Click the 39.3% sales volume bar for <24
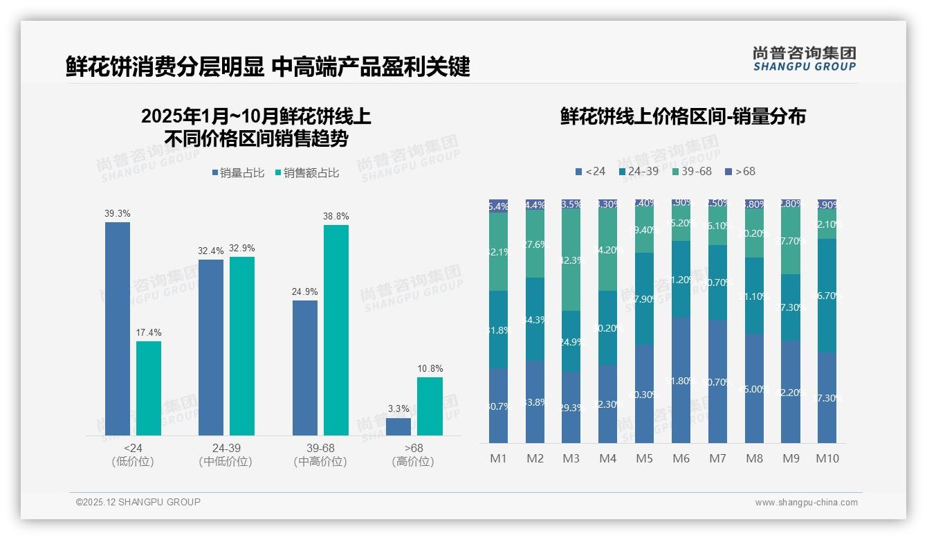point(118,328)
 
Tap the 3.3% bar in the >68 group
point(398,426)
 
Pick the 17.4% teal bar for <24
point(149,388)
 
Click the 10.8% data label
point(430,369)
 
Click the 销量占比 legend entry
point(238,173)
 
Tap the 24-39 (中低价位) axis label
point(226,455)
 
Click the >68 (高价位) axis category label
point(413,455)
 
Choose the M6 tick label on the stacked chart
point(681,458)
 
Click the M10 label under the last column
point(827,458)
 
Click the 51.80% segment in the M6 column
point(681,380)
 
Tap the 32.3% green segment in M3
point(571,260)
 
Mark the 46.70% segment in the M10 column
point(827,296)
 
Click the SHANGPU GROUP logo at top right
point(804,59)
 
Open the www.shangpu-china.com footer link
point(806,503)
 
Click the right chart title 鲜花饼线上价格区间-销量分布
point(683,116)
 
